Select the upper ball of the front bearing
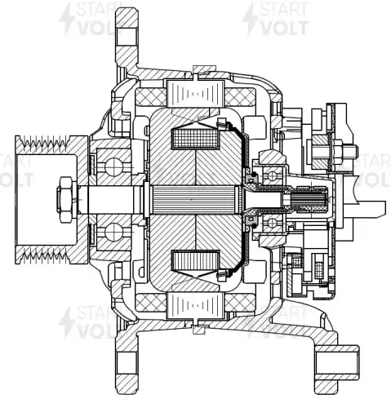[x=114, y=166]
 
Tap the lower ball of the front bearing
[x=114, y=232]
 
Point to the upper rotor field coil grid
[x=195, y=139]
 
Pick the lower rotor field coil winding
[x=195, y=260]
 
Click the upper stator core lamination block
[x=196, y=93]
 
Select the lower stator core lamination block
[x=196, y=306]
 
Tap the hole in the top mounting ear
[x=127, y=36]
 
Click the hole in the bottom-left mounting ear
[x=127, y=362]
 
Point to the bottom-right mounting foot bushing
[x=337, y=362]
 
